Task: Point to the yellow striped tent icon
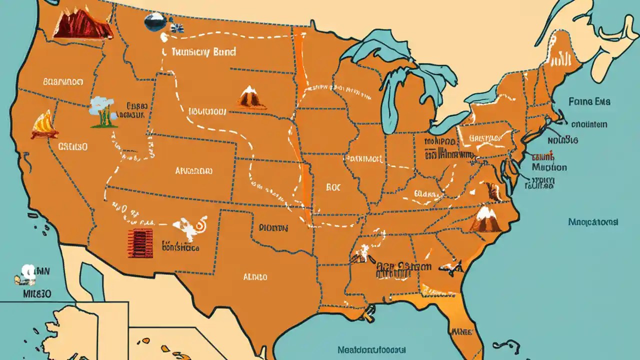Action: pos(44,125)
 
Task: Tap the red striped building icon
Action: pos(139,243)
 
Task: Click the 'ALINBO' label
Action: pos(255,276)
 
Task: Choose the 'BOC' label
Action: pos(333,187)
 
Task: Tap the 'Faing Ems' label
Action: pos(589,101)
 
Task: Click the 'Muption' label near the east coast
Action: pos(549,167)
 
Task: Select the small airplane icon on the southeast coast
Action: pos(455,268)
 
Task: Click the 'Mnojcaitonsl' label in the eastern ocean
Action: pos(593,221)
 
